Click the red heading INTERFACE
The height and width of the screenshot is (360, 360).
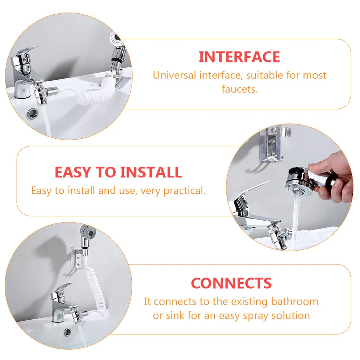[x=239, y=57]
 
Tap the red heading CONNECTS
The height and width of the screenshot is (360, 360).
[x=231, y=283]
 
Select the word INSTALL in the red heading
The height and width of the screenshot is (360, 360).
[x=151, y=172]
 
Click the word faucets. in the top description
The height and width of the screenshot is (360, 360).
[x=240, y=89]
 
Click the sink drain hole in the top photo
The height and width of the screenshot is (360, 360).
[x=32, y=113]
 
